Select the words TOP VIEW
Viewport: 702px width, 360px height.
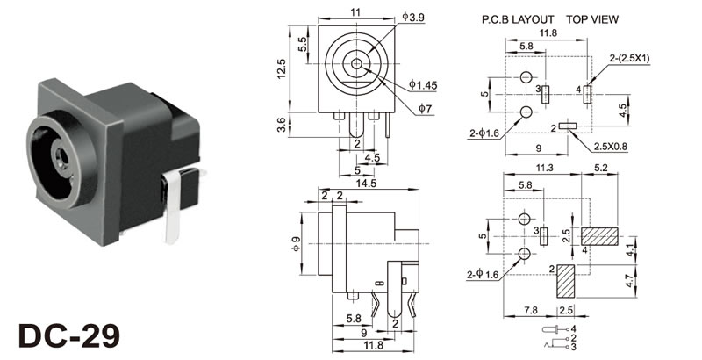click(593, 18)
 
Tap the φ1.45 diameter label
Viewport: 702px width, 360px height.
click(422, 84)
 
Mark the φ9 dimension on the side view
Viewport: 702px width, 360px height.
click(296, 243)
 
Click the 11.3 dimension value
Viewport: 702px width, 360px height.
click(543, 169)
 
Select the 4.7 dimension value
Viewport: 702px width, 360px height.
click(655, 283)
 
